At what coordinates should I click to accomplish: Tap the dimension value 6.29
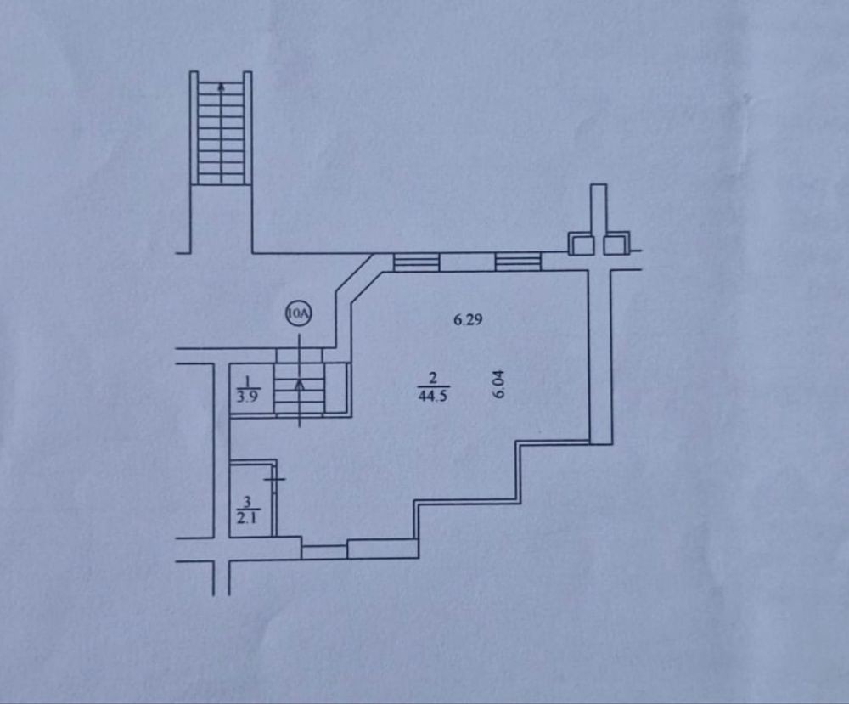click(468, 319)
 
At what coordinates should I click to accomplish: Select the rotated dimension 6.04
click(498, 384)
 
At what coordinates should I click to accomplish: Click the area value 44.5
click(433, 396)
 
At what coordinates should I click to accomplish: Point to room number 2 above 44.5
click(433, 378)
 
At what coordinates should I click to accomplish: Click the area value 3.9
click(248, 396)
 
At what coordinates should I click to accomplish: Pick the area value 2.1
click(247, 518)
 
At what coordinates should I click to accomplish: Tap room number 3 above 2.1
click(247, 501)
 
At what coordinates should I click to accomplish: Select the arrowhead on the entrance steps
click(300, 384)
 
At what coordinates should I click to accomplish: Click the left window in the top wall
click(416, 262)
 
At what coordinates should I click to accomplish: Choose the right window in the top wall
click(518, 262)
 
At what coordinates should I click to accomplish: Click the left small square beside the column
click(581, 244)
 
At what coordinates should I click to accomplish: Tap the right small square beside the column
click(616, 243)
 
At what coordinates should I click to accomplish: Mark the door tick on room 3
click(274, 479)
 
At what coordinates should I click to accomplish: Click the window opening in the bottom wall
click(324, 552)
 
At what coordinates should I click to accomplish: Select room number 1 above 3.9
click(248, 380)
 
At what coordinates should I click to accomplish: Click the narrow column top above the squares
click(599, 209)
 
